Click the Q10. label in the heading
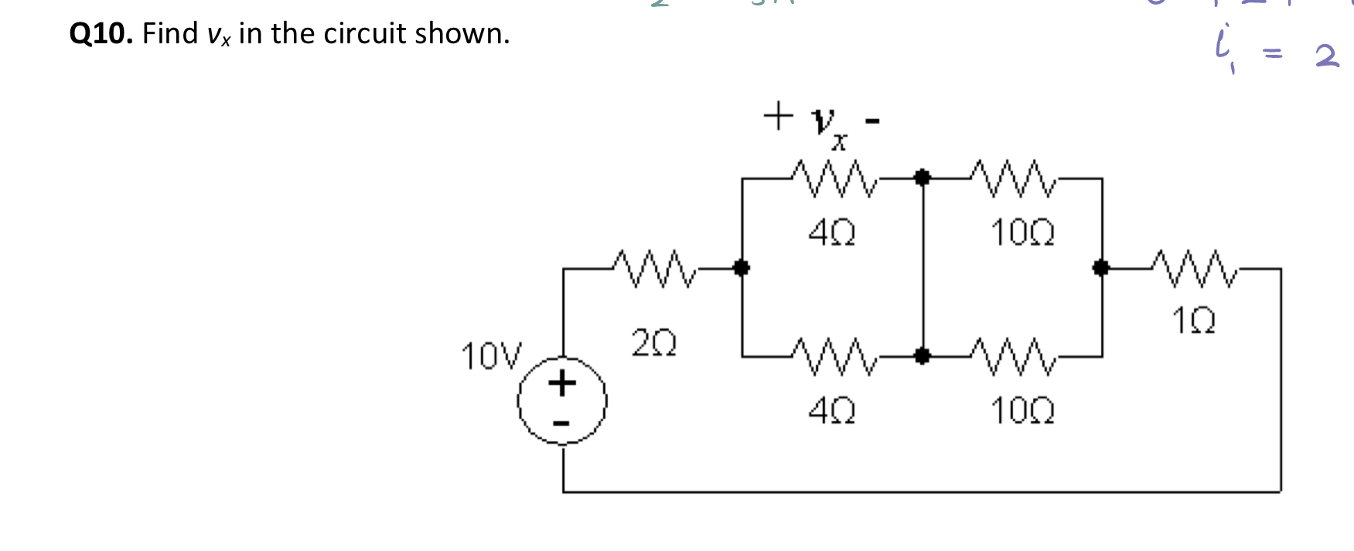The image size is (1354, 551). pos(101,34)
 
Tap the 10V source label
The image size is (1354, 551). pos(491,356)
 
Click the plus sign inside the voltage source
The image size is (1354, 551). pos(562,383)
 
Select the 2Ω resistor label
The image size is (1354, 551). pos(654,342)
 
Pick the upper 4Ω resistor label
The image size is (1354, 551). pos(832,232)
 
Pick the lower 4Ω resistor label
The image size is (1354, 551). pos(832,410)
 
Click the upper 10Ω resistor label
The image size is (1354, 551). pos(1022,232)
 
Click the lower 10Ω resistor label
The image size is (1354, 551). pos(1022,410)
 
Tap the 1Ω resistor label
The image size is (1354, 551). pos(1193,320)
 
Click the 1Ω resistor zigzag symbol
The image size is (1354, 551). pos(1195,268)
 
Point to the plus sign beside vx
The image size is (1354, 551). pos(778,117)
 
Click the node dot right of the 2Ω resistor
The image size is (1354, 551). pos(742,268)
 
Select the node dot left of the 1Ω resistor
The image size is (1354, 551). pos(1101,268)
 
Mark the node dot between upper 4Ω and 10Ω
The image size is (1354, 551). pos(922,178)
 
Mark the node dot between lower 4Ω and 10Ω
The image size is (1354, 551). pos(922,356)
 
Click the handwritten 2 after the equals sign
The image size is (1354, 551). pos(1327,56)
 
